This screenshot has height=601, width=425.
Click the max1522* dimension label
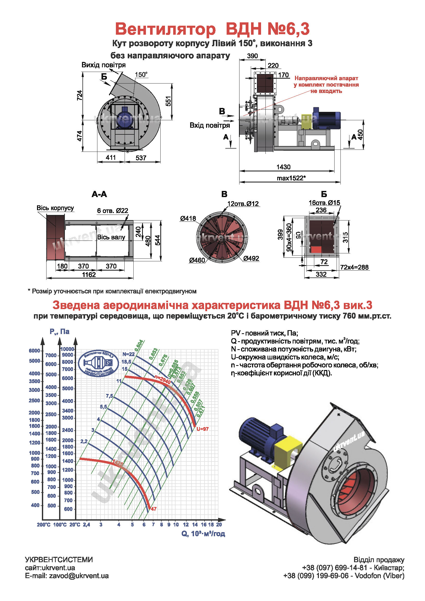pyautogui.click(x=291, y=178)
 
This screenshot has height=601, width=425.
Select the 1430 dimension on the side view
pyautogui.click(x=283, y=167)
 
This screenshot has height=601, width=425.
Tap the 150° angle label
pyautogui.click(x=141, y=75)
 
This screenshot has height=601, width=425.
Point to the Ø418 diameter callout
pyautogui.click(x=188, y=218)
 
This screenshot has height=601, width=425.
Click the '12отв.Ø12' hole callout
pyautogui.click(x=243, y=204)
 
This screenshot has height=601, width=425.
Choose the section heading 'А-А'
pyautogui.click(x=99, y=194)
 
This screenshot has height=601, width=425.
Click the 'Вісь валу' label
pyautogui.click(x=111, y=237)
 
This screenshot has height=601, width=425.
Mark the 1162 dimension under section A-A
pyautogui.click(x=89, y=275)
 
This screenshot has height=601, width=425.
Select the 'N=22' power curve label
pyautogui.click(x=128, y=354)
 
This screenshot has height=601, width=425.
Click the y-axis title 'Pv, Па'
pyautogui.click(x=59, y=332)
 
